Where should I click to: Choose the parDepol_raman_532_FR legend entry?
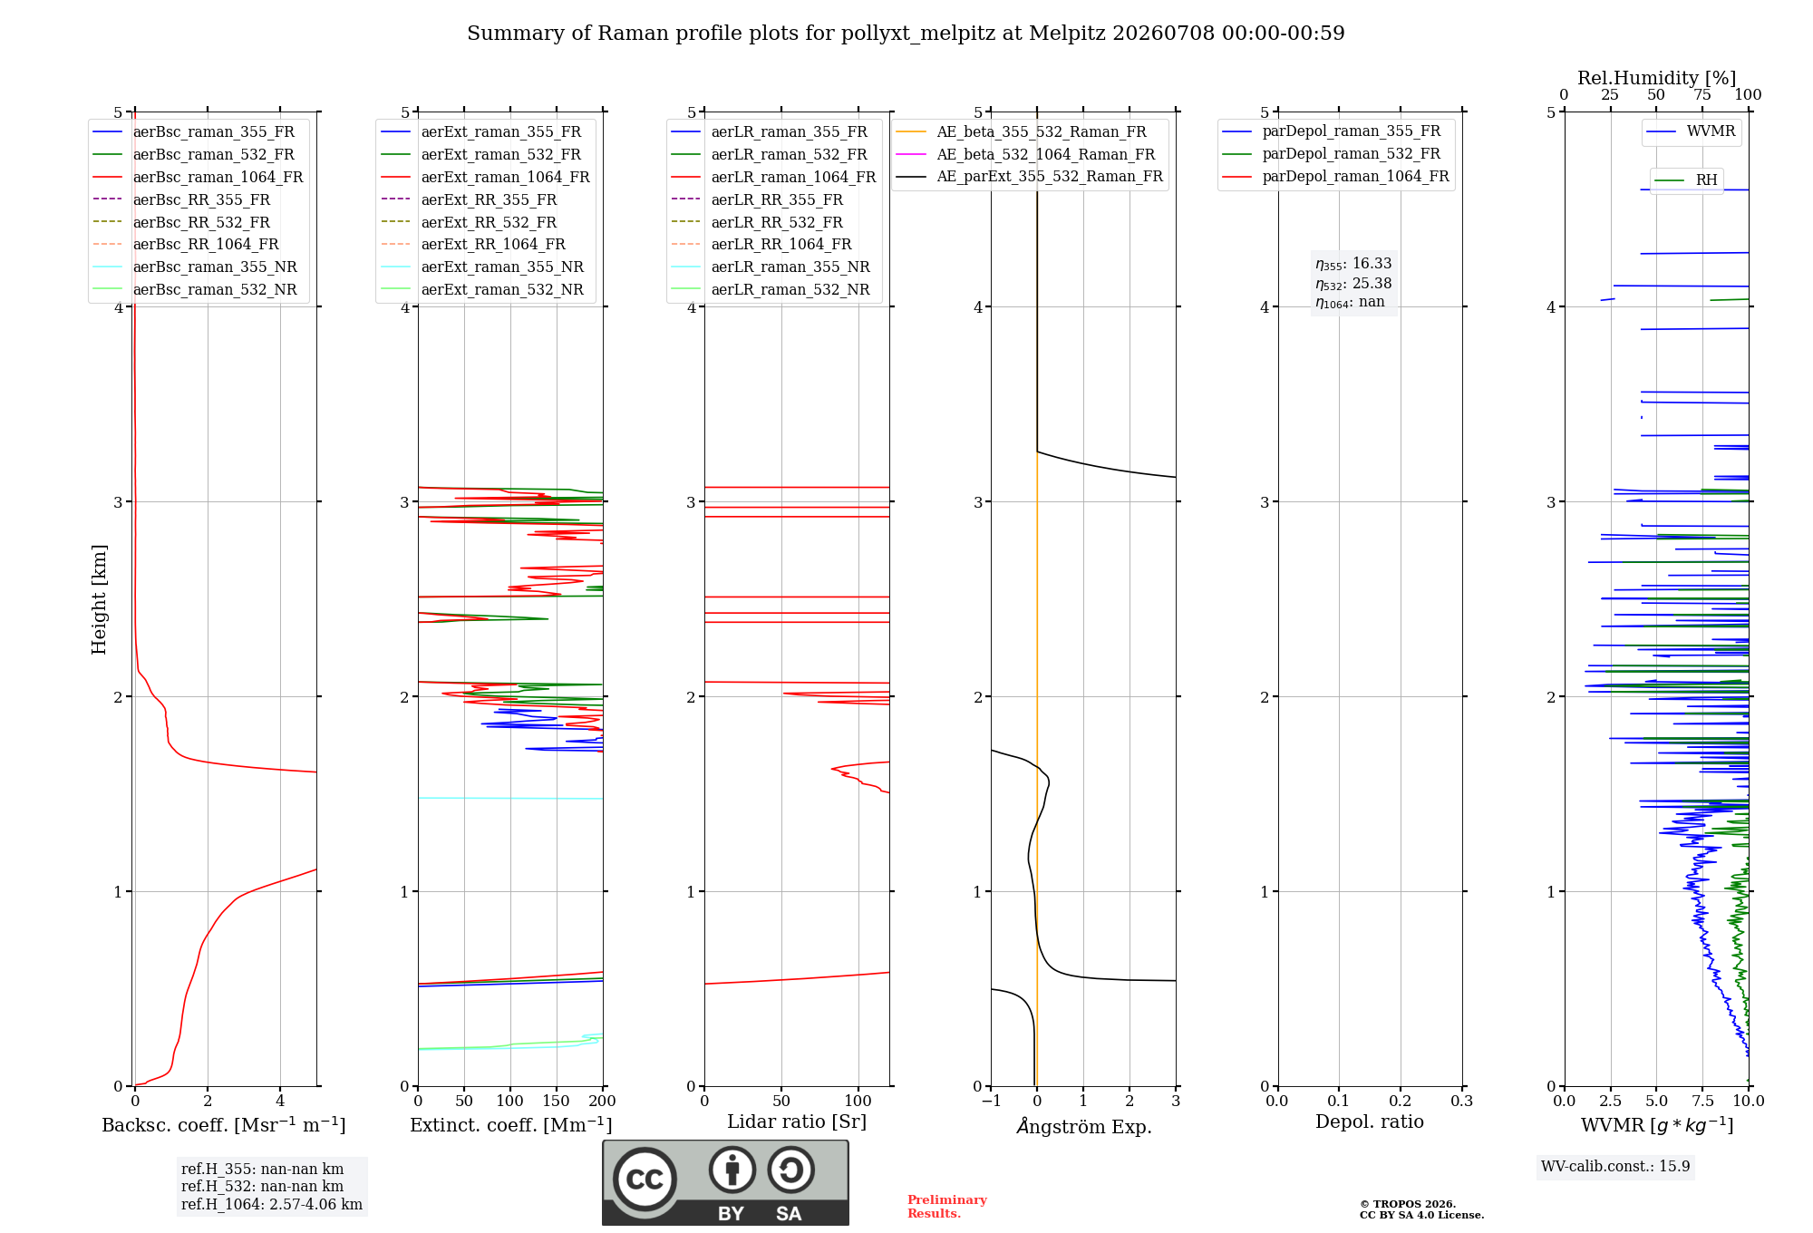pyautogui.click(x=1331, y=154)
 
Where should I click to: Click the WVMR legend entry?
pyautogui.click(x=1691, y=131)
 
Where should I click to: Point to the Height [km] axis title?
pyautogui.click(x=99, y=599)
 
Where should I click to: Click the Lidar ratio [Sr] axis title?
pyautogui.click(x=797, y=1121)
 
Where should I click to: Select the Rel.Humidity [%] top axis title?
pyautogui.click(x=1657, y=78)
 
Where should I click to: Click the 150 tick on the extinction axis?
pyautogui.click(x=557, y=1101)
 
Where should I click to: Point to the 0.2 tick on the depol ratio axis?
pyautogui.click(x=1401, y=1101)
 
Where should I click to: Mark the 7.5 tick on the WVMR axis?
pyautogui.click(x=1702, y=1101)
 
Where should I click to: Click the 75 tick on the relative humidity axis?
pyautogui.click(x=1702, y=95)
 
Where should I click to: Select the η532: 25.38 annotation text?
pyautogui.click(x=1353, y=284)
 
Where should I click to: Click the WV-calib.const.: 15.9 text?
pyautogui.click(x=1615, y=1166)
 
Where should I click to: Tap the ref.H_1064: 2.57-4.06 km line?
pyautogui.click(x=272, y=1204)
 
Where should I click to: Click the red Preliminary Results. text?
pyautogui.click(x=947, y=1207)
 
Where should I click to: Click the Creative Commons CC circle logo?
pyautogui.click(x=645, y=1180)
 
